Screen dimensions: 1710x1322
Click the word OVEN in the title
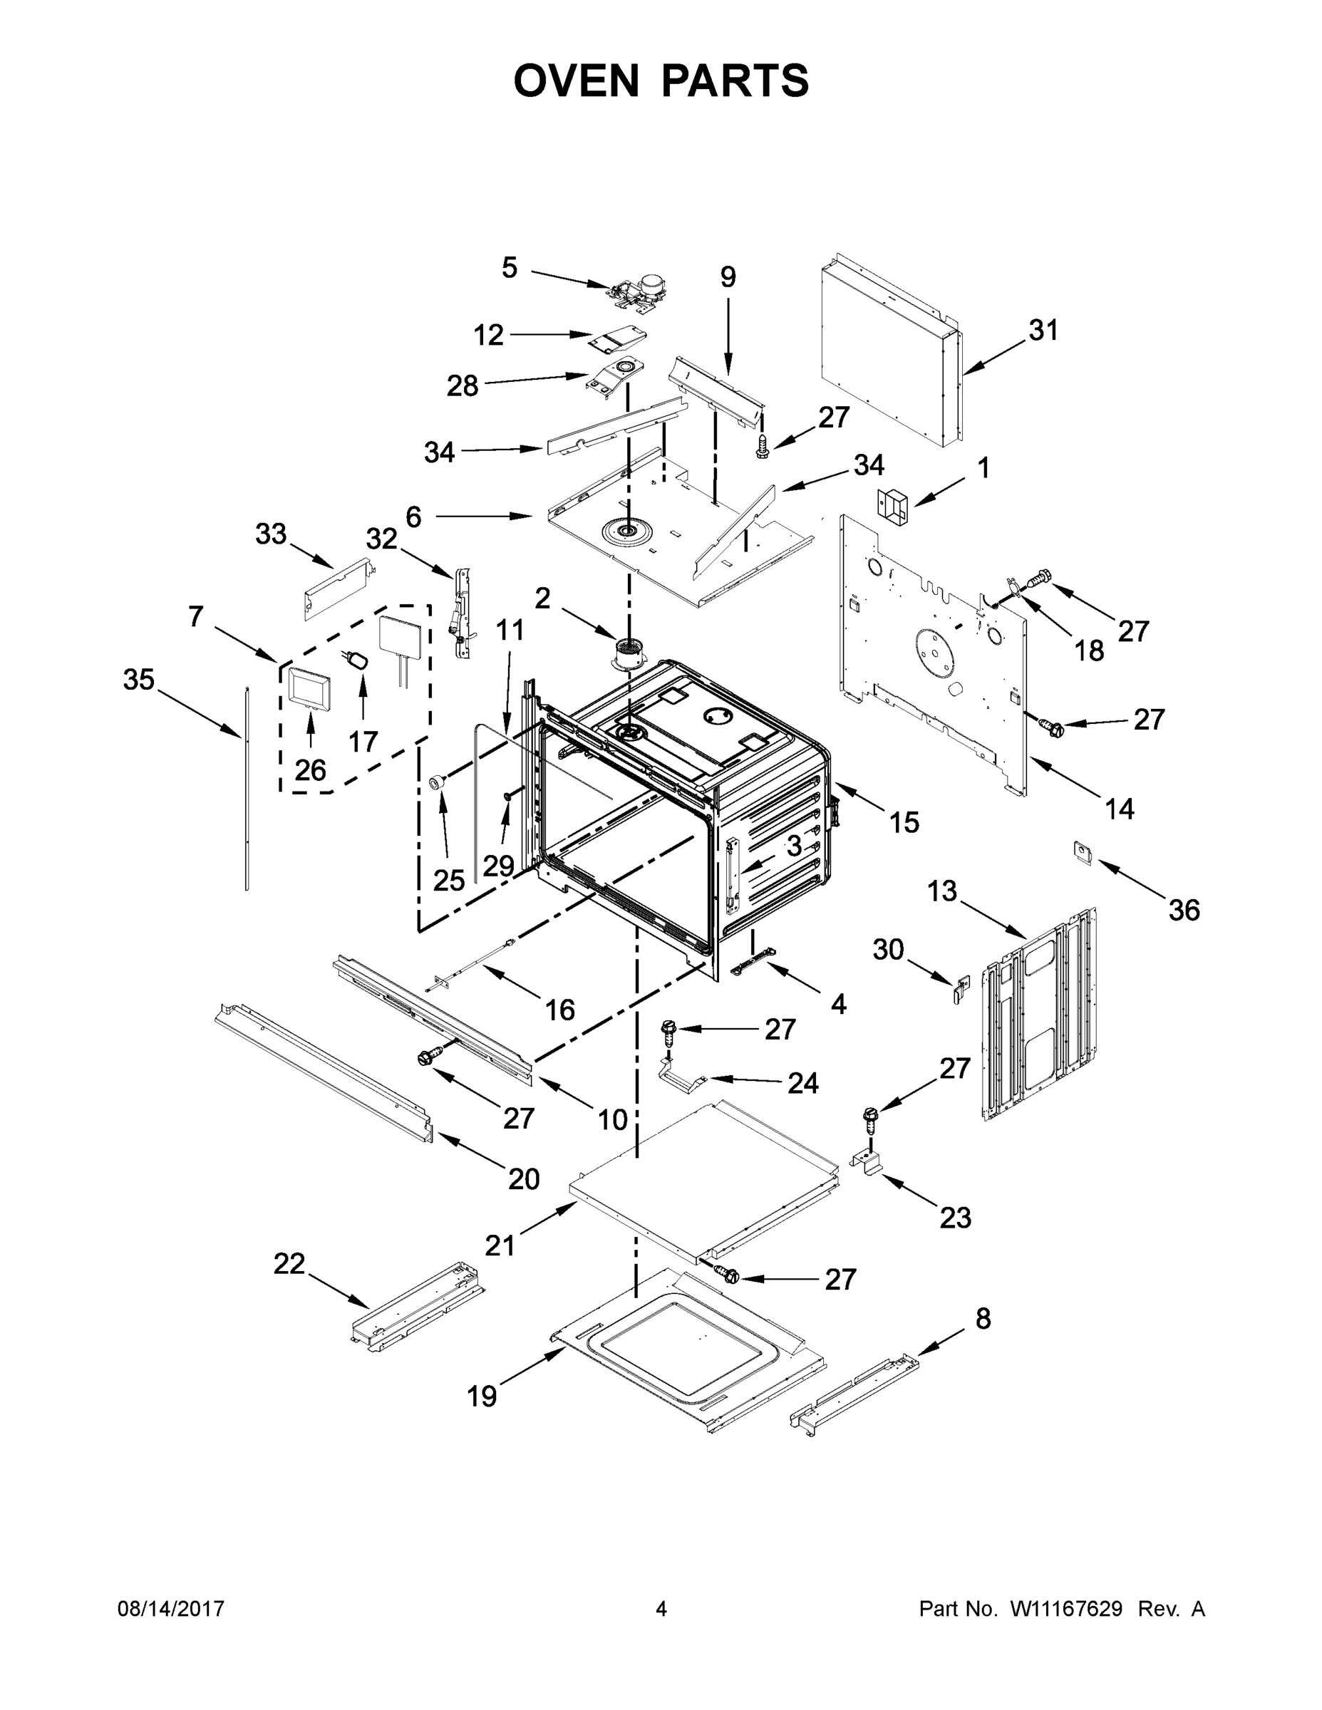pos(577,81)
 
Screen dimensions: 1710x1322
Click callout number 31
pos(1043,331)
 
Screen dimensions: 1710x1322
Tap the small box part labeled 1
pos(892,505)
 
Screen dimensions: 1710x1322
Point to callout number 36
pos(1183,910)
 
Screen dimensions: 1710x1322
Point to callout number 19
pos(482,1396)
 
